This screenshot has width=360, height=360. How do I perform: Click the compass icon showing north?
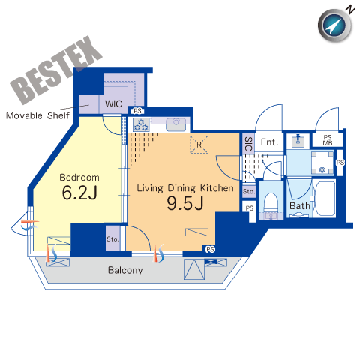coord(334,25)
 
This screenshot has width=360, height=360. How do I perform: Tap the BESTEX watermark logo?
coord(56,70)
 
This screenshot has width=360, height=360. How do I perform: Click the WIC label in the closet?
coord(113,103)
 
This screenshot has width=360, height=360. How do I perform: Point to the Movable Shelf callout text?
coord(37,115)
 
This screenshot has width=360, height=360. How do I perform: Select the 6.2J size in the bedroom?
coord(79,193)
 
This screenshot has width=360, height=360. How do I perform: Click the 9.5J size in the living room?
coord(185,203)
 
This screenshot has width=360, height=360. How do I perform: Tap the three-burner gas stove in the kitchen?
coord(141,124)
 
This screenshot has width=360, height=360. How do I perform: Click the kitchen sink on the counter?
coord(176,124)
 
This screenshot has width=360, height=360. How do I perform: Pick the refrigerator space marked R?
coord(199,144)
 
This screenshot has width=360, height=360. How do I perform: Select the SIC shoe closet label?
coord(248,144)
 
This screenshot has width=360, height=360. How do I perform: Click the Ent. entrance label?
coord(269,142)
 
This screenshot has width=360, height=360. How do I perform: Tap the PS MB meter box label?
coord(328,140)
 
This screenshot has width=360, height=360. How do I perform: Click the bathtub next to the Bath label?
coord(325,199)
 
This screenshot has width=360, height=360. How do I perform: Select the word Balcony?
coord(125,270)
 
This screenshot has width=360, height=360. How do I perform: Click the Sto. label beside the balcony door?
coord(112,239)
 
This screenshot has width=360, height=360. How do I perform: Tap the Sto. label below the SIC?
coord(249,191)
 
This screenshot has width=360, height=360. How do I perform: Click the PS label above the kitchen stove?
coord(137,110)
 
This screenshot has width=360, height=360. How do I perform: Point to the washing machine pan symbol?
coord(322,163)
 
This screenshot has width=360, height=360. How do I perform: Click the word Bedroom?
coord(79,177)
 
